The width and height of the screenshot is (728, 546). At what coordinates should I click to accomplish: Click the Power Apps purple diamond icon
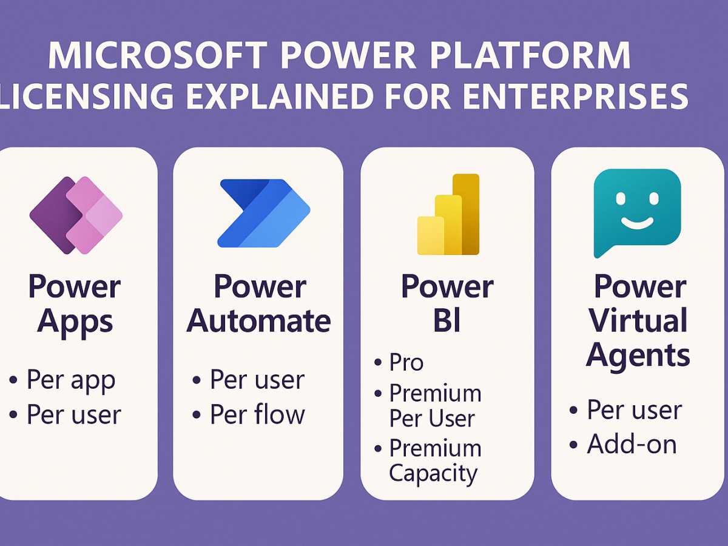coord(76,215)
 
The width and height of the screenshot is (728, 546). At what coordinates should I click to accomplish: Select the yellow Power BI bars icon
coord(448,215)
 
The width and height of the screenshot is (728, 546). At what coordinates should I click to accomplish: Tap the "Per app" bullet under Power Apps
coord(71,380)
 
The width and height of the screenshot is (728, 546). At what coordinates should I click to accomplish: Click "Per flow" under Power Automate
coord(257,415)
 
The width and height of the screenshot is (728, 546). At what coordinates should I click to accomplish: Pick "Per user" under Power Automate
coord(257,380)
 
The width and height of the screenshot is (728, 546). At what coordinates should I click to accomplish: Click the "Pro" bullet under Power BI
coord(406,363)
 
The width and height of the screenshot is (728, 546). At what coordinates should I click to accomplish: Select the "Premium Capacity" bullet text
coord(434,461)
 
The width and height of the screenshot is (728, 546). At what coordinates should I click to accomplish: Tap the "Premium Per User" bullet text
coord(434,406)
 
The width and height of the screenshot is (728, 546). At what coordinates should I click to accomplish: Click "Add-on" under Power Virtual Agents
coord(632,445)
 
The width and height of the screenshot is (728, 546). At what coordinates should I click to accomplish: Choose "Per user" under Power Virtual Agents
coord(635,411)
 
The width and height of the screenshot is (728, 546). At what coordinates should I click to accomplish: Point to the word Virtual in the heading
coord(638,320)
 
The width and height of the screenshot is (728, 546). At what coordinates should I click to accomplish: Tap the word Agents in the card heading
coord(638,354)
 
